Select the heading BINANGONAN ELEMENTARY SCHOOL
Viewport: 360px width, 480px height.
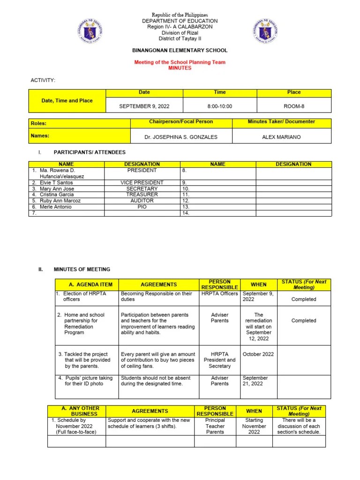[180, 50]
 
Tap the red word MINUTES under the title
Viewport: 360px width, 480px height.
[180, 68]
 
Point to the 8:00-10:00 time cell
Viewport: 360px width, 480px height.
[219, 106]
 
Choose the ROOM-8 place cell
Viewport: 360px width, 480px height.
[294, 106]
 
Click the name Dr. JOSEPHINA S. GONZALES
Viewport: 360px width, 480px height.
[181, 137]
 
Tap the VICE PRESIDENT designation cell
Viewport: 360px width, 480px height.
[142, 182]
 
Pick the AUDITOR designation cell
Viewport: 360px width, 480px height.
[142, 200]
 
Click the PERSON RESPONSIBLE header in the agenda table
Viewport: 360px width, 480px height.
[219, 284]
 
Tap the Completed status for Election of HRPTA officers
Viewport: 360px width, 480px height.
[303, 299]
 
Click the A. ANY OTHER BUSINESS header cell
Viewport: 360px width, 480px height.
[77, 411]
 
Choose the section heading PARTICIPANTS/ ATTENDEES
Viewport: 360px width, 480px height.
[90, 152]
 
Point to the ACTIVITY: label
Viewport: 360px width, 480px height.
[43, 81]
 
